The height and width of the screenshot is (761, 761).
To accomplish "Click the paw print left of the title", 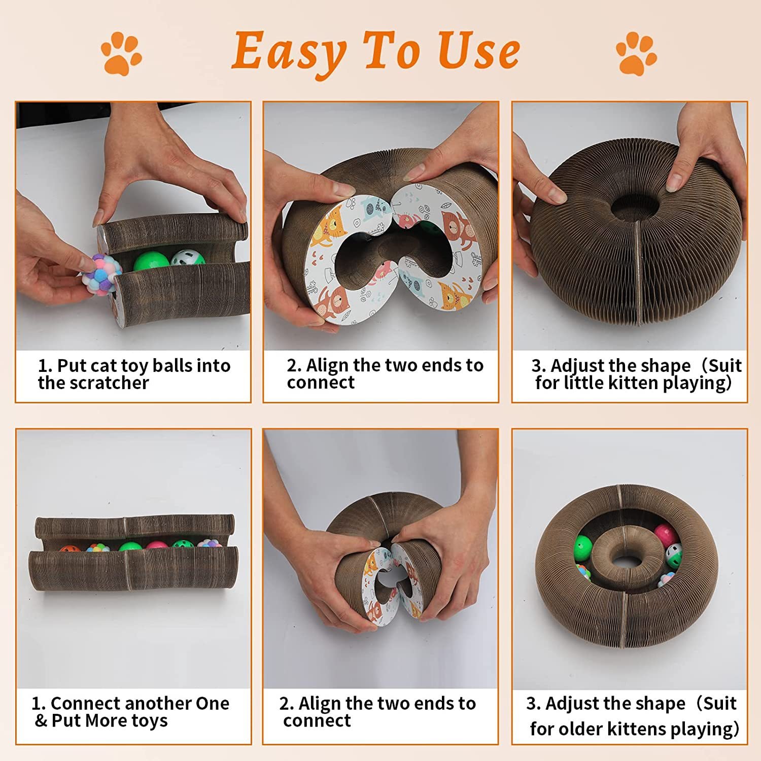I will (121, 54).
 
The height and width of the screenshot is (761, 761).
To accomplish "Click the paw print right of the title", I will (636, 54).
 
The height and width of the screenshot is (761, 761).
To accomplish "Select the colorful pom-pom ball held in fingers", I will (101, 274).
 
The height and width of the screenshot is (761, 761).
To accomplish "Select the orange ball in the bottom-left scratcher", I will (67, 549).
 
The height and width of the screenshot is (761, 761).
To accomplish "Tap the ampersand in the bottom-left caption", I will (41, 721).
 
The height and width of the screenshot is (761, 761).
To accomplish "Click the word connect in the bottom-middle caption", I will (317, 721).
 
